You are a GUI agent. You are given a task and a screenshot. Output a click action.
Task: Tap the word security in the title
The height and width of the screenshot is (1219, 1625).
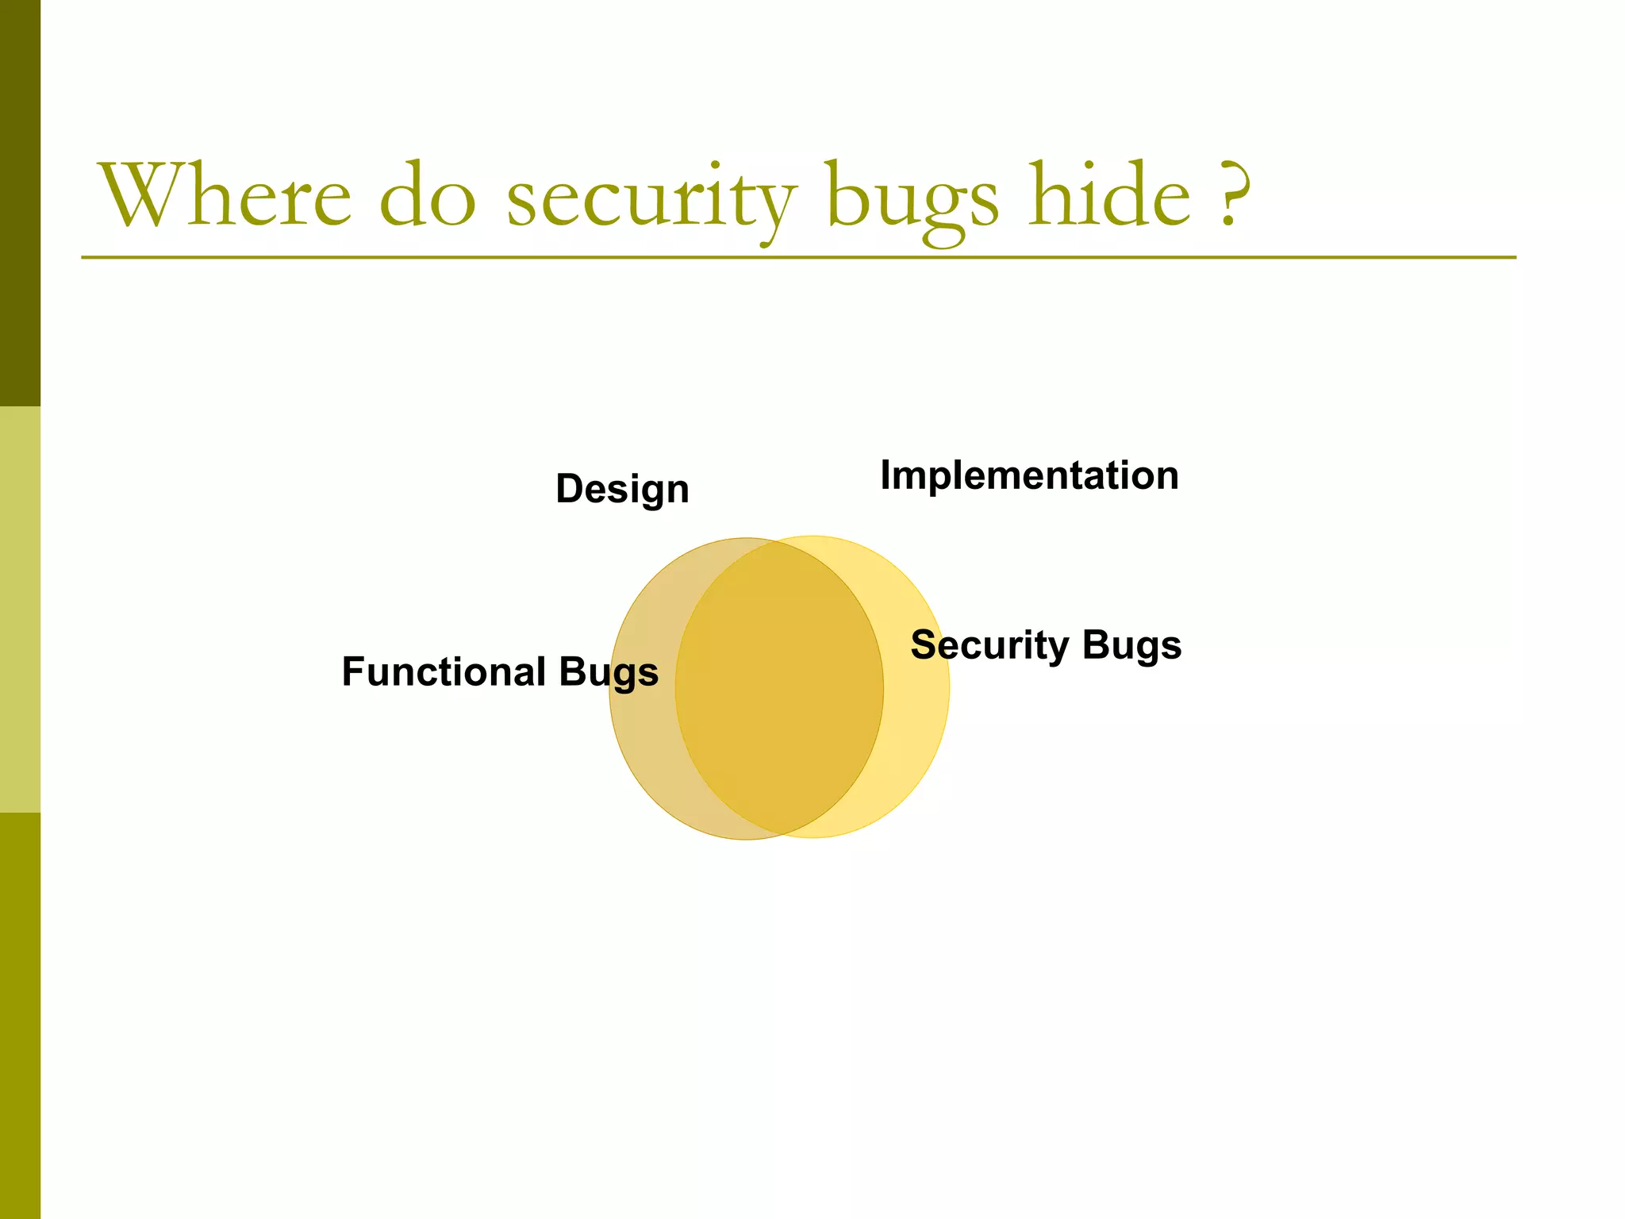pos(651,198)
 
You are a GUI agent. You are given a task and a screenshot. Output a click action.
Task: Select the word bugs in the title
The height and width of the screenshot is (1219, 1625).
pos(912,198)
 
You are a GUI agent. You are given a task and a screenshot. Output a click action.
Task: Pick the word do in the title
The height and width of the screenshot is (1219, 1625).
pos(428,196)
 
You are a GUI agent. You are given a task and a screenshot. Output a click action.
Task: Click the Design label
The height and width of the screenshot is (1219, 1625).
pos(622,489)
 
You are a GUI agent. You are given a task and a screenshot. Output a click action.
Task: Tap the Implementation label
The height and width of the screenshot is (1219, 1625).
pos(1029,476)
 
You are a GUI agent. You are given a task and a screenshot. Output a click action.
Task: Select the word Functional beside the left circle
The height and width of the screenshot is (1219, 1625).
pos(444,671)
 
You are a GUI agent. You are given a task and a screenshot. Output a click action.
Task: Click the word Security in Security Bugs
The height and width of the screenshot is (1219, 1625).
pos(989,644)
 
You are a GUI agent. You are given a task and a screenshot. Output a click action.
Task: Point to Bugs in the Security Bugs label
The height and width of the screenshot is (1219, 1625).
pos(1131,645)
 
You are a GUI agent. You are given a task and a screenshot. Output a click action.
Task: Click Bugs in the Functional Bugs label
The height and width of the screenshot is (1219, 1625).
pos(609,673)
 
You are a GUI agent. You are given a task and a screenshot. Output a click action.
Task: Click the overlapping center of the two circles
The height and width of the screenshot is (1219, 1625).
pos(779,687)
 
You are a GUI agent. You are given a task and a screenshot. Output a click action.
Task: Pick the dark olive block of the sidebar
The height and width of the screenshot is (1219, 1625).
pos(20,203)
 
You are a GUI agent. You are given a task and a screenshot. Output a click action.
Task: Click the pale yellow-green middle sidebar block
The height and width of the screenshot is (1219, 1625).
pos(20,609)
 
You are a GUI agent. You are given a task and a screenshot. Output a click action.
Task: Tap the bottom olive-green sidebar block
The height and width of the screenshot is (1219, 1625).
pos(20,1016)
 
